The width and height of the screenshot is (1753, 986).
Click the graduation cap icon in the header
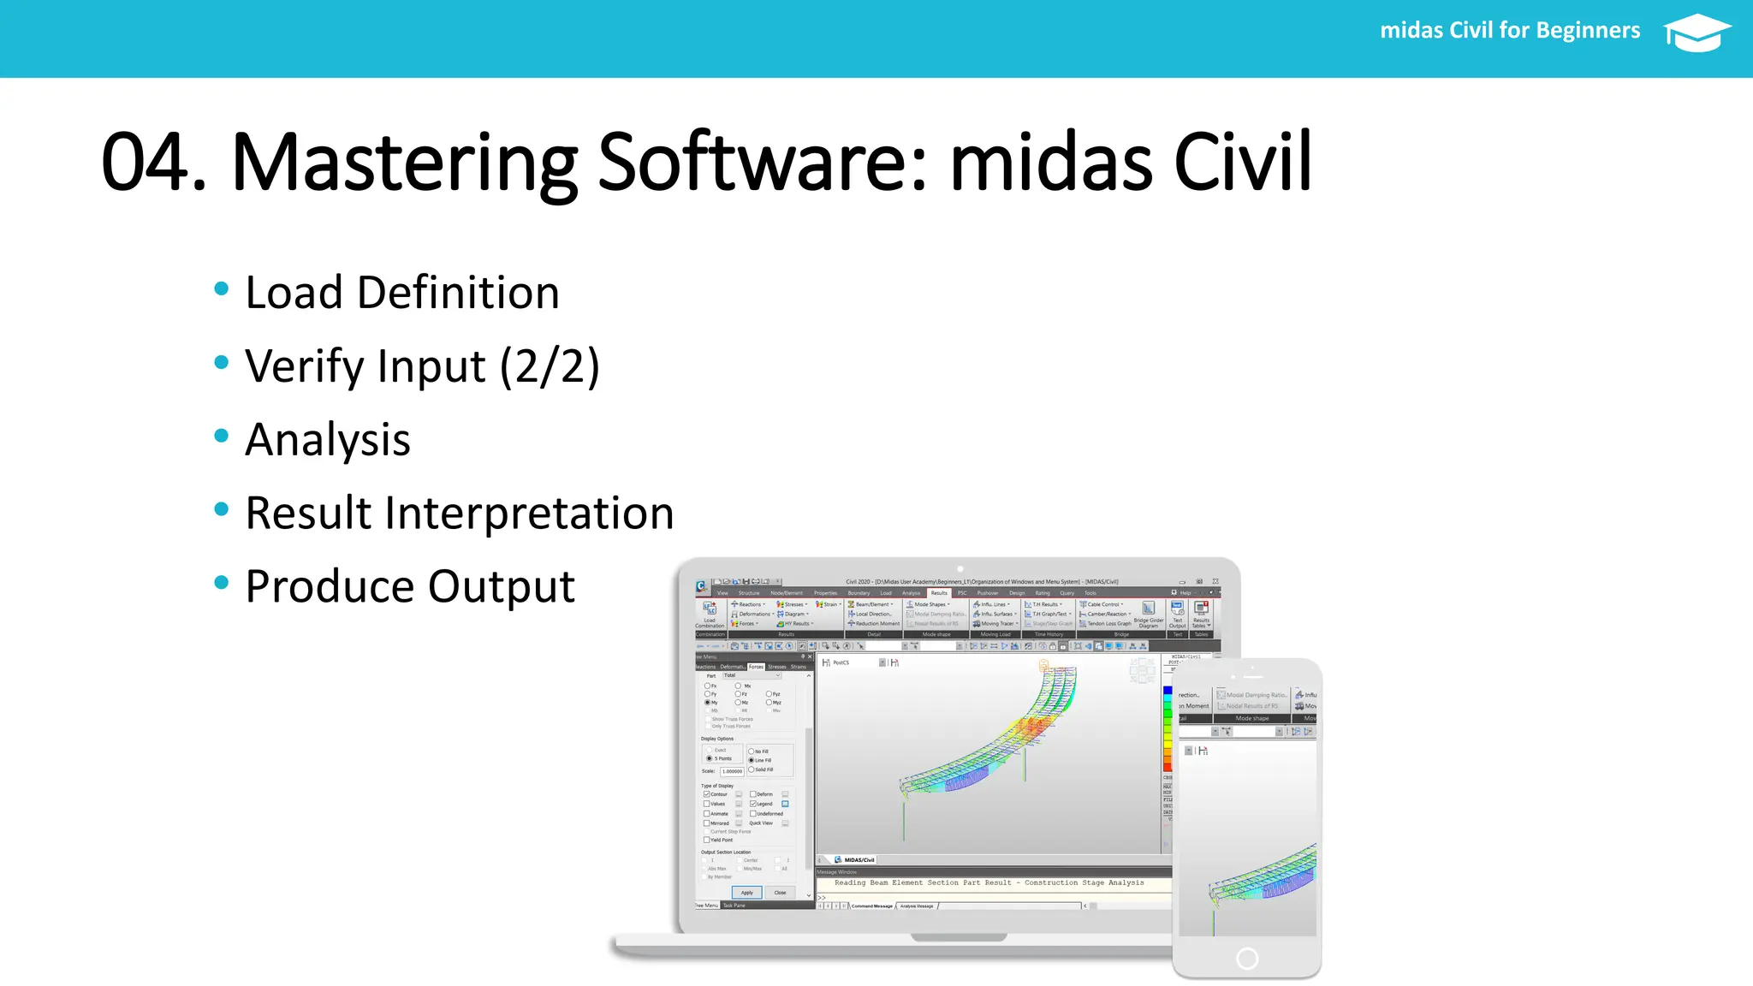[1697, 33]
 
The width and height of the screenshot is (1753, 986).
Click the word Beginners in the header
[1588, 31]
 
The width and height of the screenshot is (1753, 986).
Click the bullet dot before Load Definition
[222, 289]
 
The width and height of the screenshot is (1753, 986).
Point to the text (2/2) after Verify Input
[550, 366]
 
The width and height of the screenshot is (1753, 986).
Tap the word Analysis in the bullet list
[328, 440]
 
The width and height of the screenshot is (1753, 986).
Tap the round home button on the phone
[1247, 959]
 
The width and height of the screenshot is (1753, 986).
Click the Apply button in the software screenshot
[746, 893]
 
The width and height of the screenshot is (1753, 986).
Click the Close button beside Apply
[780, 893]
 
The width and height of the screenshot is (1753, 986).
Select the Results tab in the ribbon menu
[939, 592]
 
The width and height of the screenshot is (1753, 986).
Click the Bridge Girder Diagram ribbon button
[1149, 613]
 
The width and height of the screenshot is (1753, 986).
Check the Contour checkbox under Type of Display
[707, 794]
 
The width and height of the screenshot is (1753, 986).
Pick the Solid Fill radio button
[752, 769]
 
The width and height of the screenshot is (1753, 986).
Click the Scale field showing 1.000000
[732, 771]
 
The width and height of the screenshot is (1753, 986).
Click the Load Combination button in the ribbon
[710, 613]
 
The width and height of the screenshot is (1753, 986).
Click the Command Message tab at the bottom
[871, 906]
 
